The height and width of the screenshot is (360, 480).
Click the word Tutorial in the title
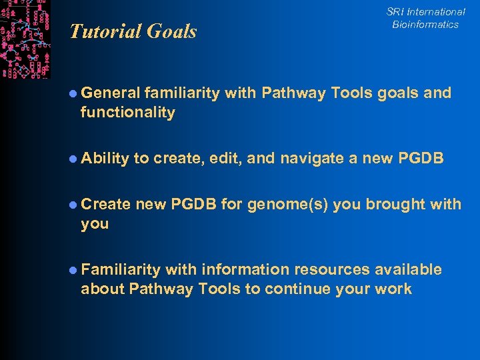pos(101,31)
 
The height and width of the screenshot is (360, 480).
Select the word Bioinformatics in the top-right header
pos(425,25)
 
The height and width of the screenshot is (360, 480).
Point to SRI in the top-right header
pos(396,12)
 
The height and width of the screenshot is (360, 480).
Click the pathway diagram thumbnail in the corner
pos(25,39)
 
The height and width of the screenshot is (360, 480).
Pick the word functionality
pos(128,113)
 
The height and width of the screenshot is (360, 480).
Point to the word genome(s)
pos(287,204)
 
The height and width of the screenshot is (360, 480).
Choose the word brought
pos(393,204)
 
